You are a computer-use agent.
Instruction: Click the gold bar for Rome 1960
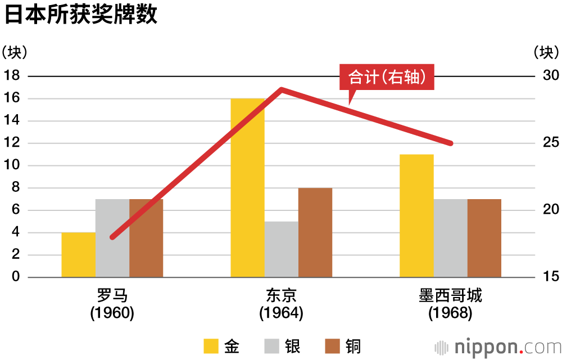click(78, 255)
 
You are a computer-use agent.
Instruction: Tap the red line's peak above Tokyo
click(281, 89)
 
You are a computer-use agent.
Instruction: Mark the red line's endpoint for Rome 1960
click(112, 237)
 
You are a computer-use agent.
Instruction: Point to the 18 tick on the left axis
click(12, 76)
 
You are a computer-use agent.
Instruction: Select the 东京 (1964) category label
click(281, 304)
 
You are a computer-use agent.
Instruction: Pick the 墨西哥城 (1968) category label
click(450, 304)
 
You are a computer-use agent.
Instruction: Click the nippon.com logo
click(498, 345)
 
